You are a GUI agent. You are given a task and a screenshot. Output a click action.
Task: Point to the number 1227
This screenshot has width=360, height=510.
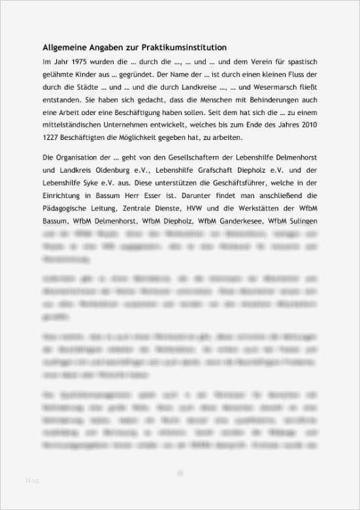click(x=53, y=137)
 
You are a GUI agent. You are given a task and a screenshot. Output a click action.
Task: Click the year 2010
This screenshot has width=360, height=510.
click(x=306, y=125)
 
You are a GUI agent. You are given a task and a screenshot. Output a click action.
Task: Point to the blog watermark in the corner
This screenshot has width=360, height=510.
click(x=32, y=481)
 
